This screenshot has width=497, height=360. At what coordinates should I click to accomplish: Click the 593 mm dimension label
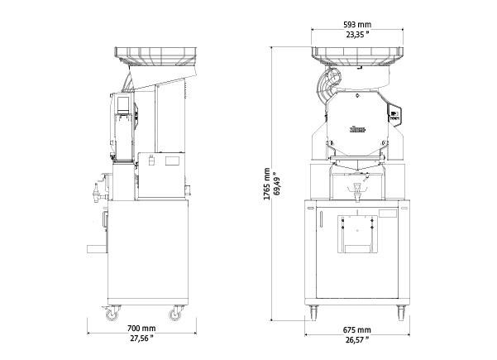(x=357, y=25)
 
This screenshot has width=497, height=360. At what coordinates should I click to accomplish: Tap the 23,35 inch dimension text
(x=357, y=35)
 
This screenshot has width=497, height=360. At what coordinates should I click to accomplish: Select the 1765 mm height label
(x=267, y=184)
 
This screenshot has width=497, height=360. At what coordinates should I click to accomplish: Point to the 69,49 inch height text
(x=277, y=184)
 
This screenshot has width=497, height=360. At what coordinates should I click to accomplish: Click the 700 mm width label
(x=141, y=328)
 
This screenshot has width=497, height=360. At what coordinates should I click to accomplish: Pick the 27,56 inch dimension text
(x=141, y=338)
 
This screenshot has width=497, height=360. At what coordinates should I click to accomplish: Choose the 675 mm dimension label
(x=356, y=330)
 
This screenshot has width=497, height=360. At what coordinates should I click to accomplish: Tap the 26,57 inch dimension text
(x=357, y=340)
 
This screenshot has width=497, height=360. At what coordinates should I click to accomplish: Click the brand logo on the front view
(x=357, y=129)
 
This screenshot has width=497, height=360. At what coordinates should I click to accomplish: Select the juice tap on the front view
(x=357, y=191)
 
